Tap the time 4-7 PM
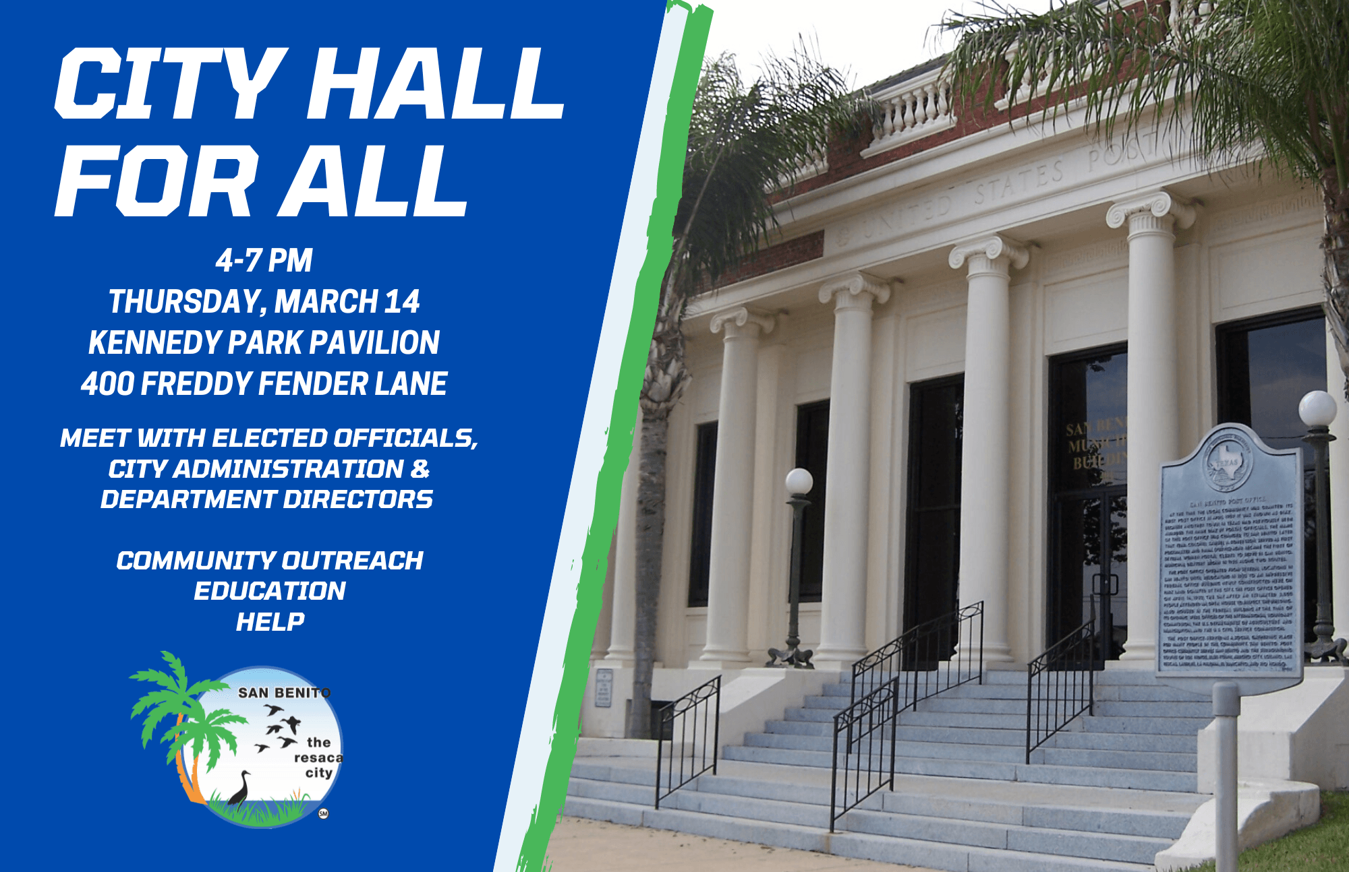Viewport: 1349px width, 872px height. (264, 261)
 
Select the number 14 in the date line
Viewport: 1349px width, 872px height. (402, 301)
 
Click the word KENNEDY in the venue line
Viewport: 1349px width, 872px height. (155, 342)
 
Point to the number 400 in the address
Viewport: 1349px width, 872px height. (107, 384)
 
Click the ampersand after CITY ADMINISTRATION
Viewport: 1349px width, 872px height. (420, 469)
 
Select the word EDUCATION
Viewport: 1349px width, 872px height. (270, 591)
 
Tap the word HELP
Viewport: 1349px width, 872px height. (270, 622)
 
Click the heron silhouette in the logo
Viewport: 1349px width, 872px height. (239, 788)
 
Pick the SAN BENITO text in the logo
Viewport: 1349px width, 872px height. (284, 693)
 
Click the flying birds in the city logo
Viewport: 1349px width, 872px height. (280, 728)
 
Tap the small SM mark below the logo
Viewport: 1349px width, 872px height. (323, 813)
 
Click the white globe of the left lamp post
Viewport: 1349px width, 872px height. (799, 482)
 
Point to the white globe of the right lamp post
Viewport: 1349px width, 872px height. (1317, 408)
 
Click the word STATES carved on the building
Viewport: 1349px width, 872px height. (1018, 182)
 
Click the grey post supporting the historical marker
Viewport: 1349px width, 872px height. (1226, 775)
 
